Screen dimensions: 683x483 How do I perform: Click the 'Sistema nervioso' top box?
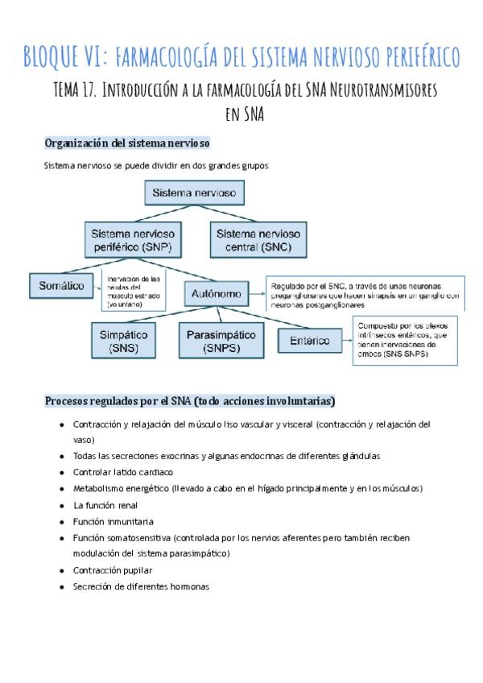[194, 193]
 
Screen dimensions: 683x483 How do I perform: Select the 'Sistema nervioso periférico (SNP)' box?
[131, 240]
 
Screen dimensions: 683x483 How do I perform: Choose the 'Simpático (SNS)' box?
[126, 341]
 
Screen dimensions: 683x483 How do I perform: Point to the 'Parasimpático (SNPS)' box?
[221, 341]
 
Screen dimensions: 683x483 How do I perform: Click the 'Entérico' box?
[309, 341]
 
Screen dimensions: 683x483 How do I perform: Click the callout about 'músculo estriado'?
[133, 292]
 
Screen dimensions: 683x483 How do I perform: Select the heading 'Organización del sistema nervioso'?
[127, 143]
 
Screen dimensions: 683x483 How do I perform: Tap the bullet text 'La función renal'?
[105, 505]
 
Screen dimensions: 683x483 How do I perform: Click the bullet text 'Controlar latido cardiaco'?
[122, 472]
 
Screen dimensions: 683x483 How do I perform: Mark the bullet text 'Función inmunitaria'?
[113, 521]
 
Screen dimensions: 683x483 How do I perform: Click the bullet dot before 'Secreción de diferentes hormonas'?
[62, 587]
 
